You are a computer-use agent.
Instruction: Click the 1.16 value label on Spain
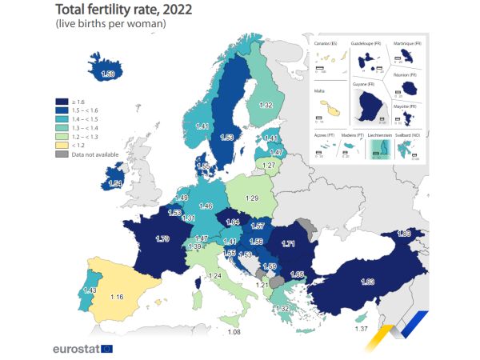[x=118, y=297]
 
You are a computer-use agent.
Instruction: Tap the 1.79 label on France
[x=163, y=239]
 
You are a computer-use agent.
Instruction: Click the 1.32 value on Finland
[x=267, y=105]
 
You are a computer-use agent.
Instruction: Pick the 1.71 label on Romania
[x=289, y=243]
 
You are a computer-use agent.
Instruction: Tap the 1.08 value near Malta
[x=234, y=332]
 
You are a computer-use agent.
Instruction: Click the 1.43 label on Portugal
[x=89, y=290]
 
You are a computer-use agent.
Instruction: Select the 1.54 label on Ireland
[x=115, y=184]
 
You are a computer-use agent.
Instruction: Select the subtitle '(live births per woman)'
[x=110, y=25]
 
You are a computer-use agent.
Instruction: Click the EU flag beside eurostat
[x=106, y=349]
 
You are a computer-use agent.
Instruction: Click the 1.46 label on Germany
[x=206, y=206]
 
